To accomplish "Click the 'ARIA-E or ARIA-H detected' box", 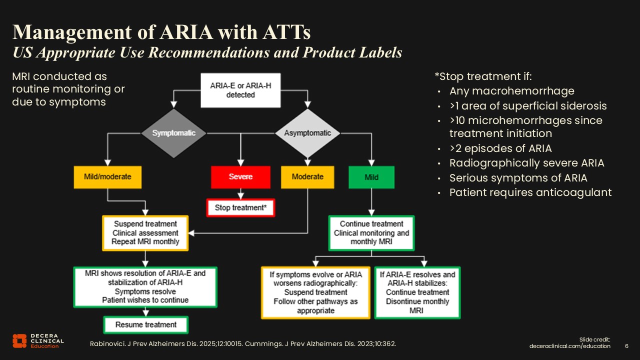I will pos(240,90).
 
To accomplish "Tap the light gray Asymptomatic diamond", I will pos(307,133).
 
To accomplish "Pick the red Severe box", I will pos(240,177).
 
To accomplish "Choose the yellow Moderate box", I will pos(307,177).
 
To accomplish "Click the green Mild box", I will pos(371,177).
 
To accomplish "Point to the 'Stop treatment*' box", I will pos(240,207).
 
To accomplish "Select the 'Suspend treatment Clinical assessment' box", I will pos(145,233).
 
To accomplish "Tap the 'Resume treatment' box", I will pos(146,324).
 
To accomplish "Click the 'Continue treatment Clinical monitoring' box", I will pos(371,233).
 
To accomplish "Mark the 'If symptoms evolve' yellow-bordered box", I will pos(315,292).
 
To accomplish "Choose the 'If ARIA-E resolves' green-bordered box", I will pos(417,292).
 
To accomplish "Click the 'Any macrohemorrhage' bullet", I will pos(511,91).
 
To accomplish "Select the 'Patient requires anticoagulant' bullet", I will pos(530,192).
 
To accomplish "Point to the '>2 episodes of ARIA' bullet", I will pos(500,148).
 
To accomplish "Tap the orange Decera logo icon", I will pos(19,340).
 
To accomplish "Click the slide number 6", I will pos(627,346).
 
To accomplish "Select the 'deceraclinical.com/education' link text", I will pos(570,346).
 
